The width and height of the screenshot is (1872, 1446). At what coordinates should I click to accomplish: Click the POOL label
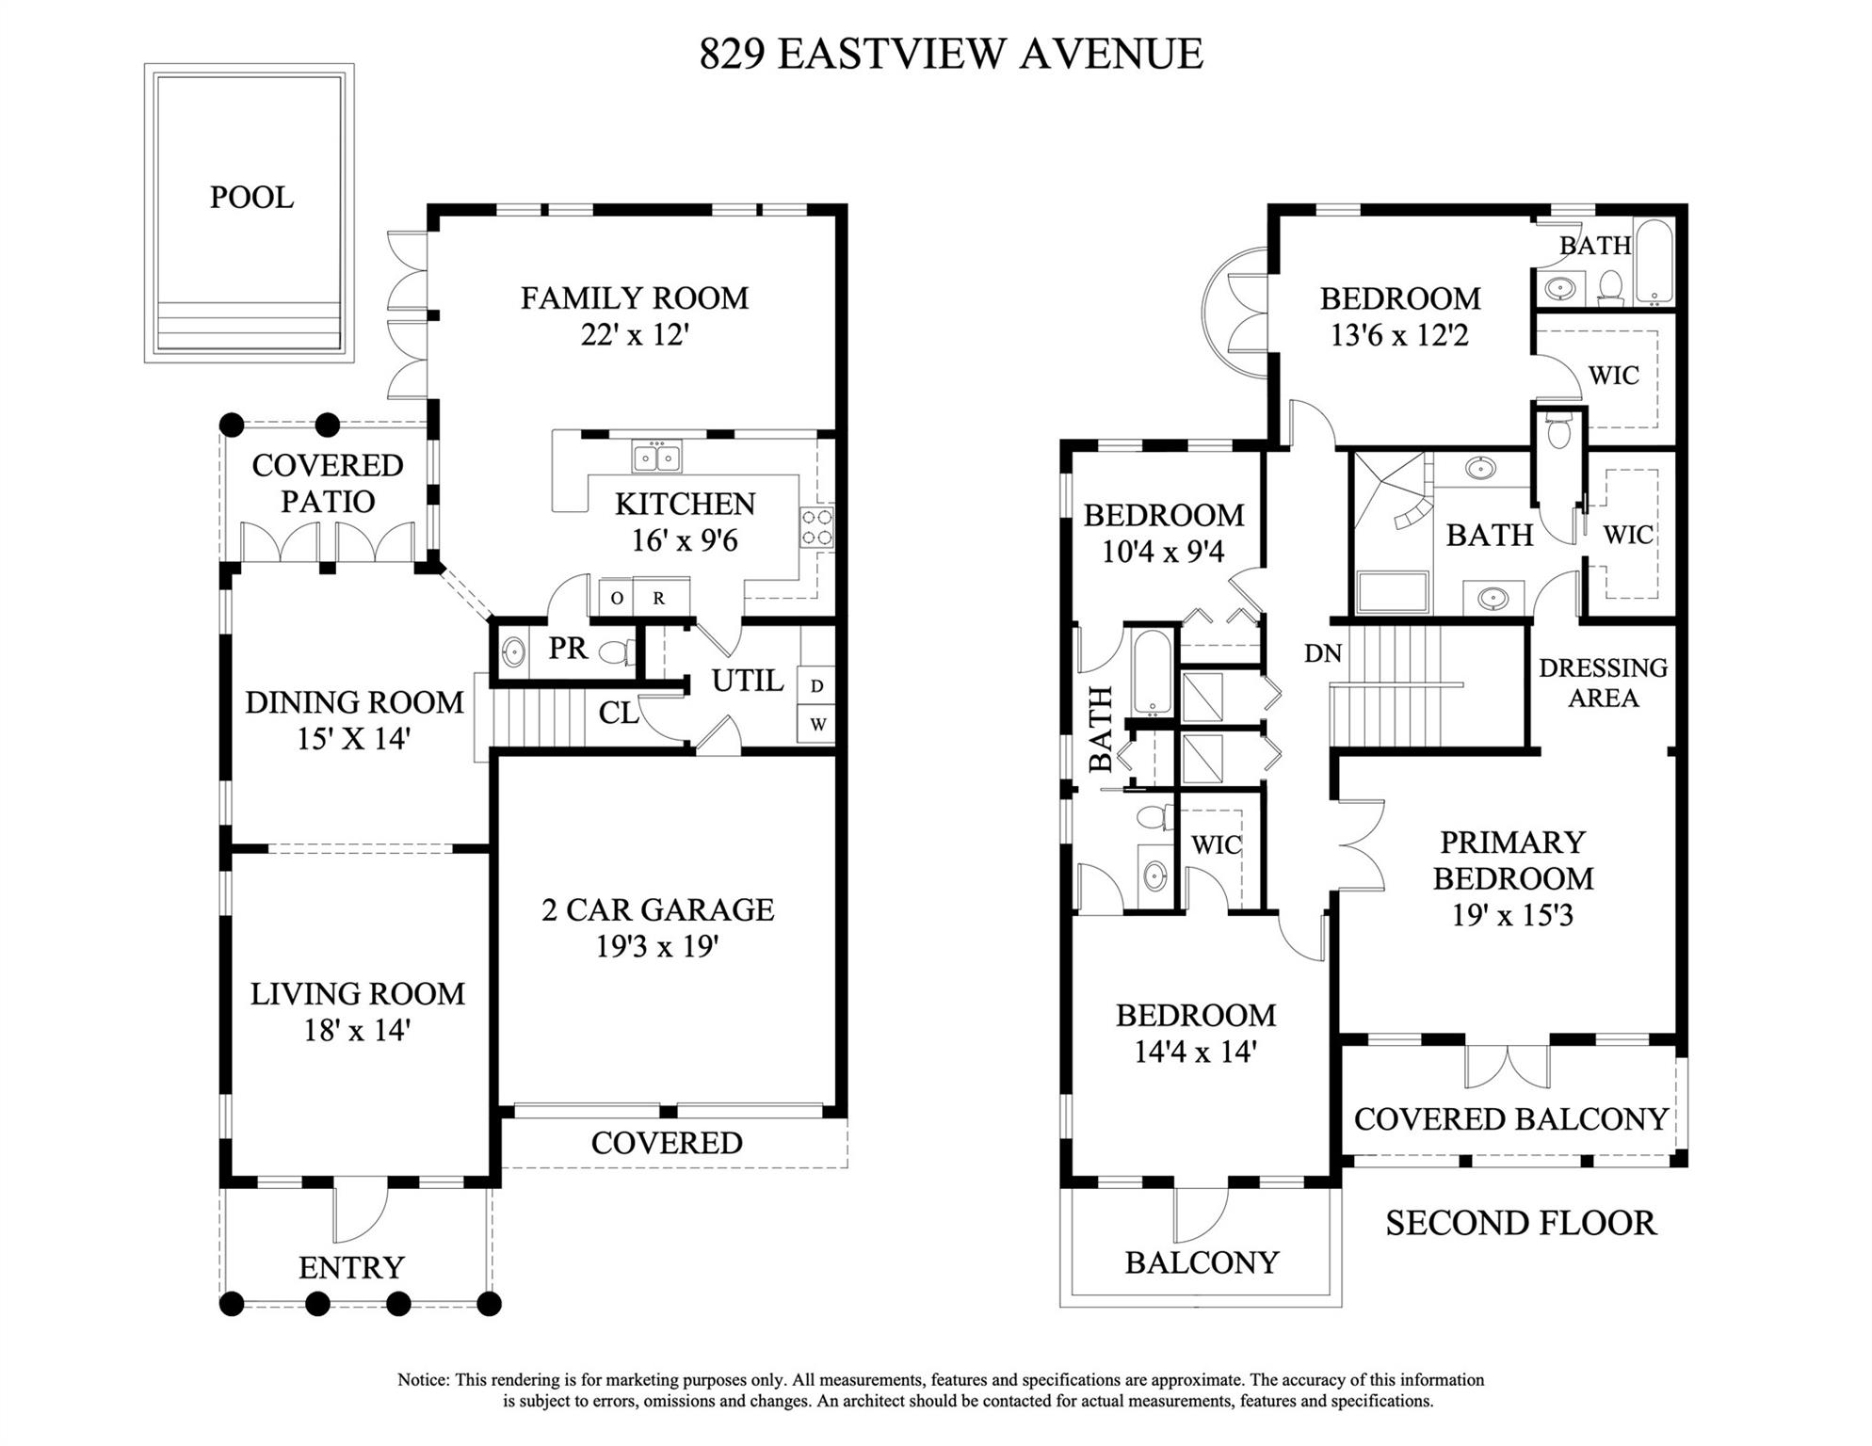(x=251, y=198)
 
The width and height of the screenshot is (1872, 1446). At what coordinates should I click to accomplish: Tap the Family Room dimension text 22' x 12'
(x=635, y=334)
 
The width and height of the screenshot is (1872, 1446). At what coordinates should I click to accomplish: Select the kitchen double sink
(x=657, y=458)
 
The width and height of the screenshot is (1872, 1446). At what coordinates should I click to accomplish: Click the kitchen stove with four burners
(x=816, y=527)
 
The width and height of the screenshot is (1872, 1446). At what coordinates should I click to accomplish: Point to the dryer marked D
(x=816, y=685)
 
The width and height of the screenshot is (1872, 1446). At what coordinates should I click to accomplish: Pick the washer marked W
(x=817, y=725)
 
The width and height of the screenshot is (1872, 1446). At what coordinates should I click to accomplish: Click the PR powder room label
(x=568, y=648)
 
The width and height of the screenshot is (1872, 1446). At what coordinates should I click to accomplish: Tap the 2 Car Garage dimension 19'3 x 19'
(x=657, y=945)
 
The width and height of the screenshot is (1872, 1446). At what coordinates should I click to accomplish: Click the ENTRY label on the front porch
(x=351, y=1268)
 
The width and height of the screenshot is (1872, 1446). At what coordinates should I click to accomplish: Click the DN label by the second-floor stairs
(x=1323, y=653)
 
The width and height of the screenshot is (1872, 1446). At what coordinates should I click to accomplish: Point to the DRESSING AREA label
(x=1603, y=683)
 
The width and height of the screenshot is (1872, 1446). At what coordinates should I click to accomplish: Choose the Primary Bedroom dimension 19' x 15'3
(x=1512, y=915)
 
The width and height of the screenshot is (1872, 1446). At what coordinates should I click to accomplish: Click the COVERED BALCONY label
(x=1511, y=1119)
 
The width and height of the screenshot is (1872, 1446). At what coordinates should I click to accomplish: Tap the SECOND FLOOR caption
(x=1521, y=1223)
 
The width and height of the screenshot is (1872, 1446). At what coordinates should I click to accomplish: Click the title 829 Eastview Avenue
(x=951, y=54)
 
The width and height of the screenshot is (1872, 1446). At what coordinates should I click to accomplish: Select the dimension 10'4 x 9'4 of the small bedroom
(x=1163, y=551)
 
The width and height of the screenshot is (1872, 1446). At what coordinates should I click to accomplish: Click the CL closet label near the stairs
(x=619, y=714)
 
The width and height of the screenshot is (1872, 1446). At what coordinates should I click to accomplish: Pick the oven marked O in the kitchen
(x=617, y=598)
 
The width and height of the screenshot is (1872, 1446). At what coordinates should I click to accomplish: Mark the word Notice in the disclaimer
(x=423, y=1380)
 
